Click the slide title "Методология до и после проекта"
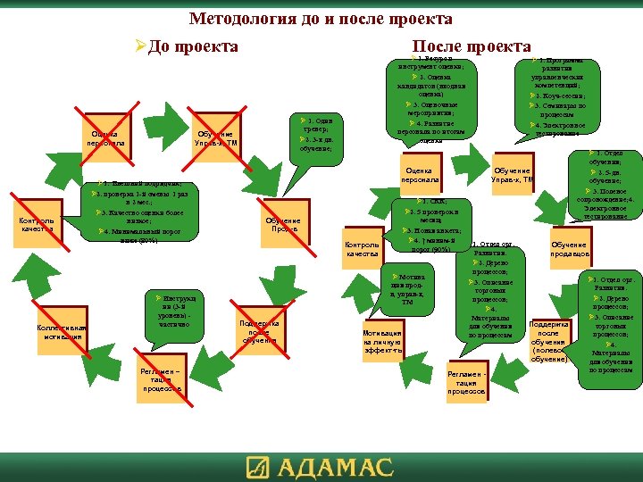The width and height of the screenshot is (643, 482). [x=321, y=19]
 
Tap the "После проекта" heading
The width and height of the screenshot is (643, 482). [x=472, y=46]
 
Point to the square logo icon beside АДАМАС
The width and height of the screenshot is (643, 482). [x=258, y=467]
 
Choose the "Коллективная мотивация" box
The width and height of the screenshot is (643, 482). [x=60, y=332]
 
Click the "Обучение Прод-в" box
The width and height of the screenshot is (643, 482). [x=284, y=226]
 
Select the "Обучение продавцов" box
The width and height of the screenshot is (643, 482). [x=569, y=250]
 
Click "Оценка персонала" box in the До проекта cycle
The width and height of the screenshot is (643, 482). [x=104, y=139]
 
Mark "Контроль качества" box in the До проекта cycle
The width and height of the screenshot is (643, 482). [x=38, y=227]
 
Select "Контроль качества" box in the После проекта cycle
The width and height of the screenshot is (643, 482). [x=362, y=250]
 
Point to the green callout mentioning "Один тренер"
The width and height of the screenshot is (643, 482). [x=318, y=135]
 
